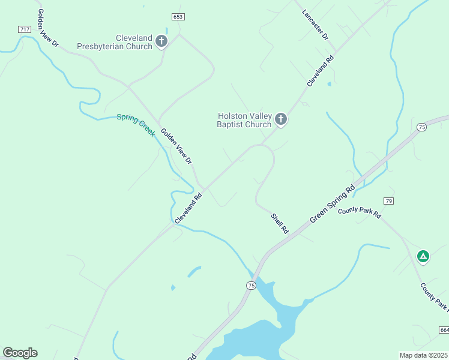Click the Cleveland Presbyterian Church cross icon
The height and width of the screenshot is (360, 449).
161,41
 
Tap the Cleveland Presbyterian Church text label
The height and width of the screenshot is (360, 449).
115,42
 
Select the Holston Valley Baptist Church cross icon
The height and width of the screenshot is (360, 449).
280,120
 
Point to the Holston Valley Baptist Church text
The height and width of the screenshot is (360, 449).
244,120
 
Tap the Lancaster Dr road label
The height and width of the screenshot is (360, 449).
316,25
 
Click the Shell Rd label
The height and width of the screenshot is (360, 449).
280,224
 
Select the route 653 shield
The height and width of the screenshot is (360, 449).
177,17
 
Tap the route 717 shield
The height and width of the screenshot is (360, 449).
25,29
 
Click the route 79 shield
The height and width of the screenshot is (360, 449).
389,200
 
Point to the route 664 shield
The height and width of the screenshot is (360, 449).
444,330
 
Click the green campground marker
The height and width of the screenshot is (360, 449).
423,257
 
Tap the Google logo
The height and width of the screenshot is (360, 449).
20,353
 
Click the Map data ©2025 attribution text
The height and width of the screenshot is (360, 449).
423,355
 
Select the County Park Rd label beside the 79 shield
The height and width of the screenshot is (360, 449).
360,212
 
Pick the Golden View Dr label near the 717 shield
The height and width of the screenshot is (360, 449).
47,28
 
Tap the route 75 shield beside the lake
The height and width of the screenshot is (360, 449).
250,285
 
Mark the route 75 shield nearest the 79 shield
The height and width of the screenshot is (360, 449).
422,127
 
